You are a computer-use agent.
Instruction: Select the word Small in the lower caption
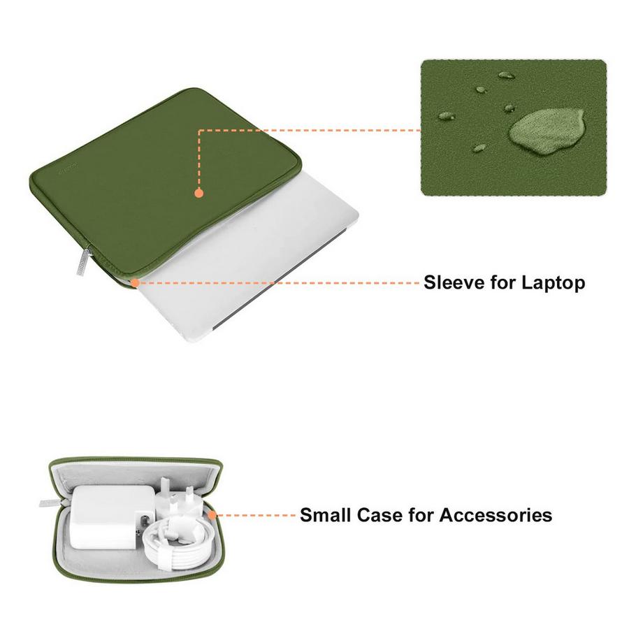(x=326, y=516)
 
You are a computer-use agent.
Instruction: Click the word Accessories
(x=496, y=516)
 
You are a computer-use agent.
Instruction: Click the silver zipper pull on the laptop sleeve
(x=81, y=262)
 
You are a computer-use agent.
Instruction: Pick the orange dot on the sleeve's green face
(x=198, y=192)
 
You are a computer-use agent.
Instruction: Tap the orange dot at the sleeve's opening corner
(x=134, y=282)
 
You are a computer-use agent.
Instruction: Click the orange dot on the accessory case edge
(x=211, y=516)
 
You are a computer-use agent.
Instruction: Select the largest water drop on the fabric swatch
(x=540, y=131)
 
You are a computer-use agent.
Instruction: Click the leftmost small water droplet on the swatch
(x=446, y=116)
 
